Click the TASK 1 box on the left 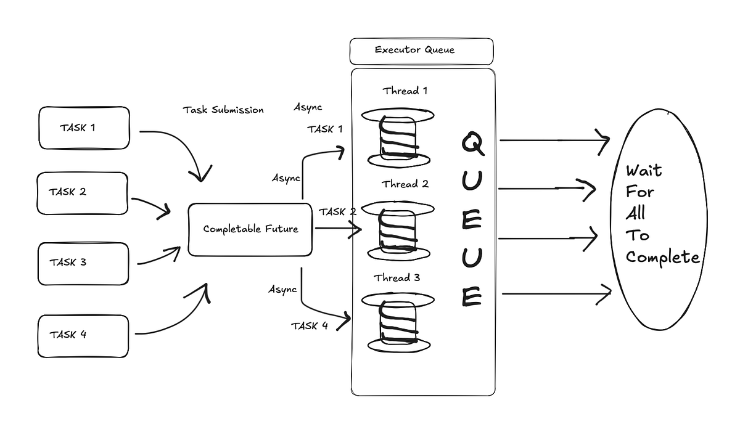pos(84,128)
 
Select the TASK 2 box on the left pos(82,192)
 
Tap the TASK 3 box pos(83,263)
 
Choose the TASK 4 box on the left pos(83,336)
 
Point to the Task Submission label pos(223,110)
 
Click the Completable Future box pos(250,229)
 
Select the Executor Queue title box pos(421,51)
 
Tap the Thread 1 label pos(405,91)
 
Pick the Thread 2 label pos(405,184)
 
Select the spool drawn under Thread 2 pos(398,231)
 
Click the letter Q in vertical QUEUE pos(472,144)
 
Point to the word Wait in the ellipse pos(643,171)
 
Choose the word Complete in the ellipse pos(662,258)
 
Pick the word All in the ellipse pos(635,214)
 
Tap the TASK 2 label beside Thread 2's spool pos(337,212)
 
